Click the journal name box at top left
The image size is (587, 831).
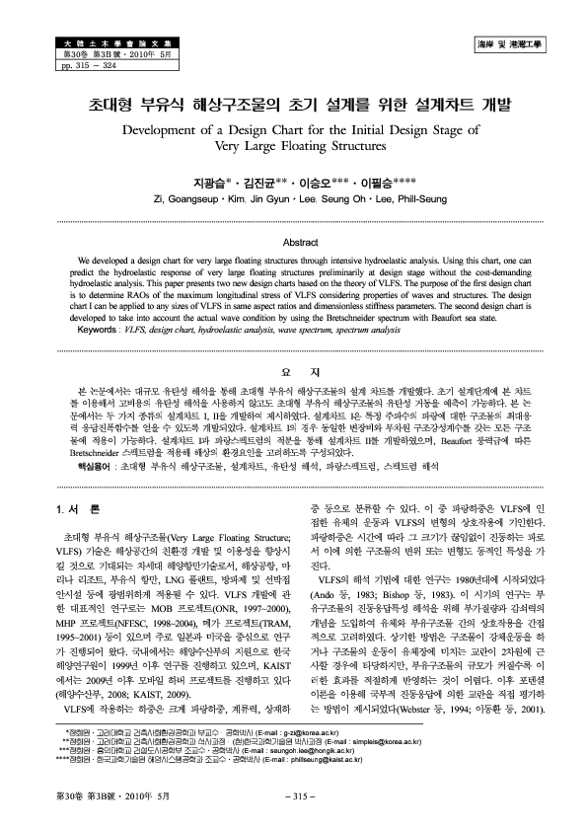83,44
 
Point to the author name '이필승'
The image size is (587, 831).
381,183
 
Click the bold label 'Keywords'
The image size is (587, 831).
96,329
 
